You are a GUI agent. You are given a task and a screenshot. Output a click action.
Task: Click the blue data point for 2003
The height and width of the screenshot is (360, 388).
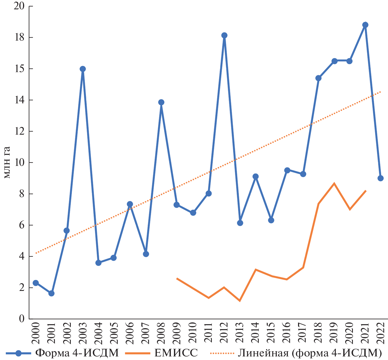(x=83, y=69)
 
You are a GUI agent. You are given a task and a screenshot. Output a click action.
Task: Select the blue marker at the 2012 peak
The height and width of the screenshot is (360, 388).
(x=224, y=35)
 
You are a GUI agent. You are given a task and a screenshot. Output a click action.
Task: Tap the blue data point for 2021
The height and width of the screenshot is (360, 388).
(x=365, y=25)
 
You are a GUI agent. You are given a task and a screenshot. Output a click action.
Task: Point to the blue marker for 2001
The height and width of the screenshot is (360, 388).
(x=51, y=293)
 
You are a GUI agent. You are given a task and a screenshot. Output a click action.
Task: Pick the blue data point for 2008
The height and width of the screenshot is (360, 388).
(x=161, y=102)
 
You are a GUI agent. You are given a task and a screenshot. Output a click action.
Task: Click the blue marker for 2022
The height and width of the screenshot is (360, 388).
(x=381, y=178)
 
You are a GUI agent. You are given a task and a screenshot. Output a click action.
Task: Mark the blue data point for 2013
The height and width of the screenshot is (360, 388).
(x=240, y=223)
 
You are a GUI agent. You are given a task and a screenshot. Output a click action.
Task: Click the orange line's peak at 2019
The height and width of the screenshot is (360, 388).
(x=334, y=183)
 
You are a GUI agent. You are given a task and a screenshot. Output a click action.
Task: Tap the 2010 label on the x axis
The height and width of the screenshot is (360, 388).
(x=193, y=332)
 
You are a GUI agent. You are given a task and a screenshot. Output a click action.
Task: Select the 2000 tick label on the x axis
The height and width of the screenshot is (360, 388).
(x=36, y=332)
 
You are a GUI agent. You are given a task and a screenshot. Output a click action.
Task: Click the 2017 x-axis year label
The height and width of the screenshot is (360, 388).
(x=303, y=332)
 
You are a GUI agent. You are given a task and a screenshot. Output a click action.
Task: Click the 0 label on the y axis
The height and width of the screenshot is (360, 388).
(x=22, y=319)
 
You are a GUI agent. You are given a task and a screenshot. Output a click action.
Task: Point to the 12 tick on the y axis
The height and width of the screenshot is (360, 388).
(x=19, y=131)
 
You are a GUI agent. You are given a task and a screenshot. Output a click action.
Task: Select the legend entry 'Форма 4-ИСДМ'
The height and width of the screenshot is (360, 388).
(x=77, y=353)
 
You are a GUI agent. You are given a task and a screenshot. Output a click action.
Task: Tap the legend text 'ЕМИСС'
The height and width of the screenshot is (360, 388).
(x=176, y=353)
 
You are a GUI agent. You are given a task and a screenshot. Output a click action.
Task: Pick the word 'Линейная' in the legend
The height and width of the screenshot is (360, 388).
(x=263, y=353)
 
